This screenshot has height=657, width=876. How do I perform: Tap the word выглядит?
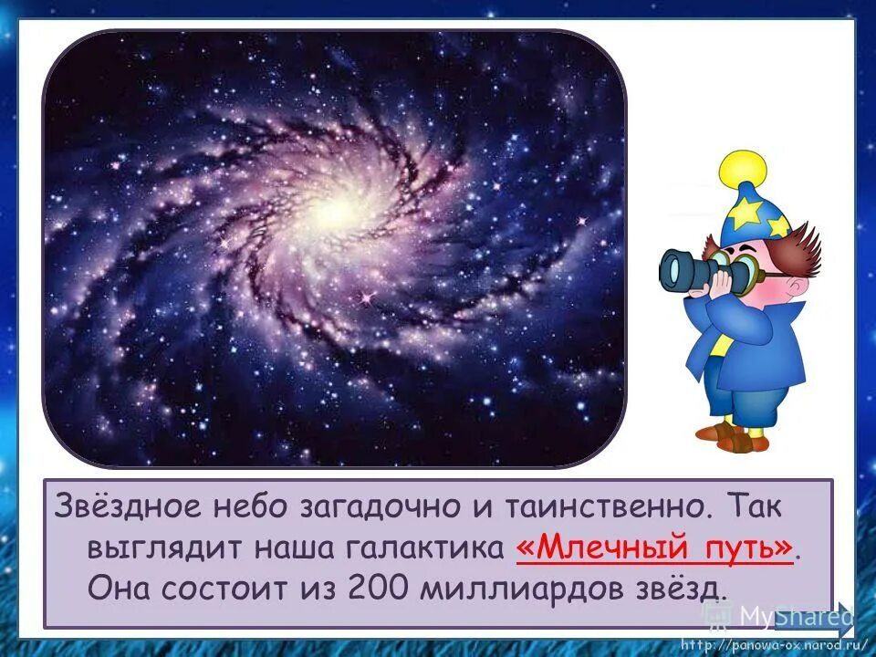[x=154, y=547]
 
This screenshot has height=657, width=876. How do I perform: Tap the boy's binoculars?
[x=698, y=270]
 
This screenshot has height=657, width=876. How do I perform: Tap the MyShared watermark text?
[x=794, y=616]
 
